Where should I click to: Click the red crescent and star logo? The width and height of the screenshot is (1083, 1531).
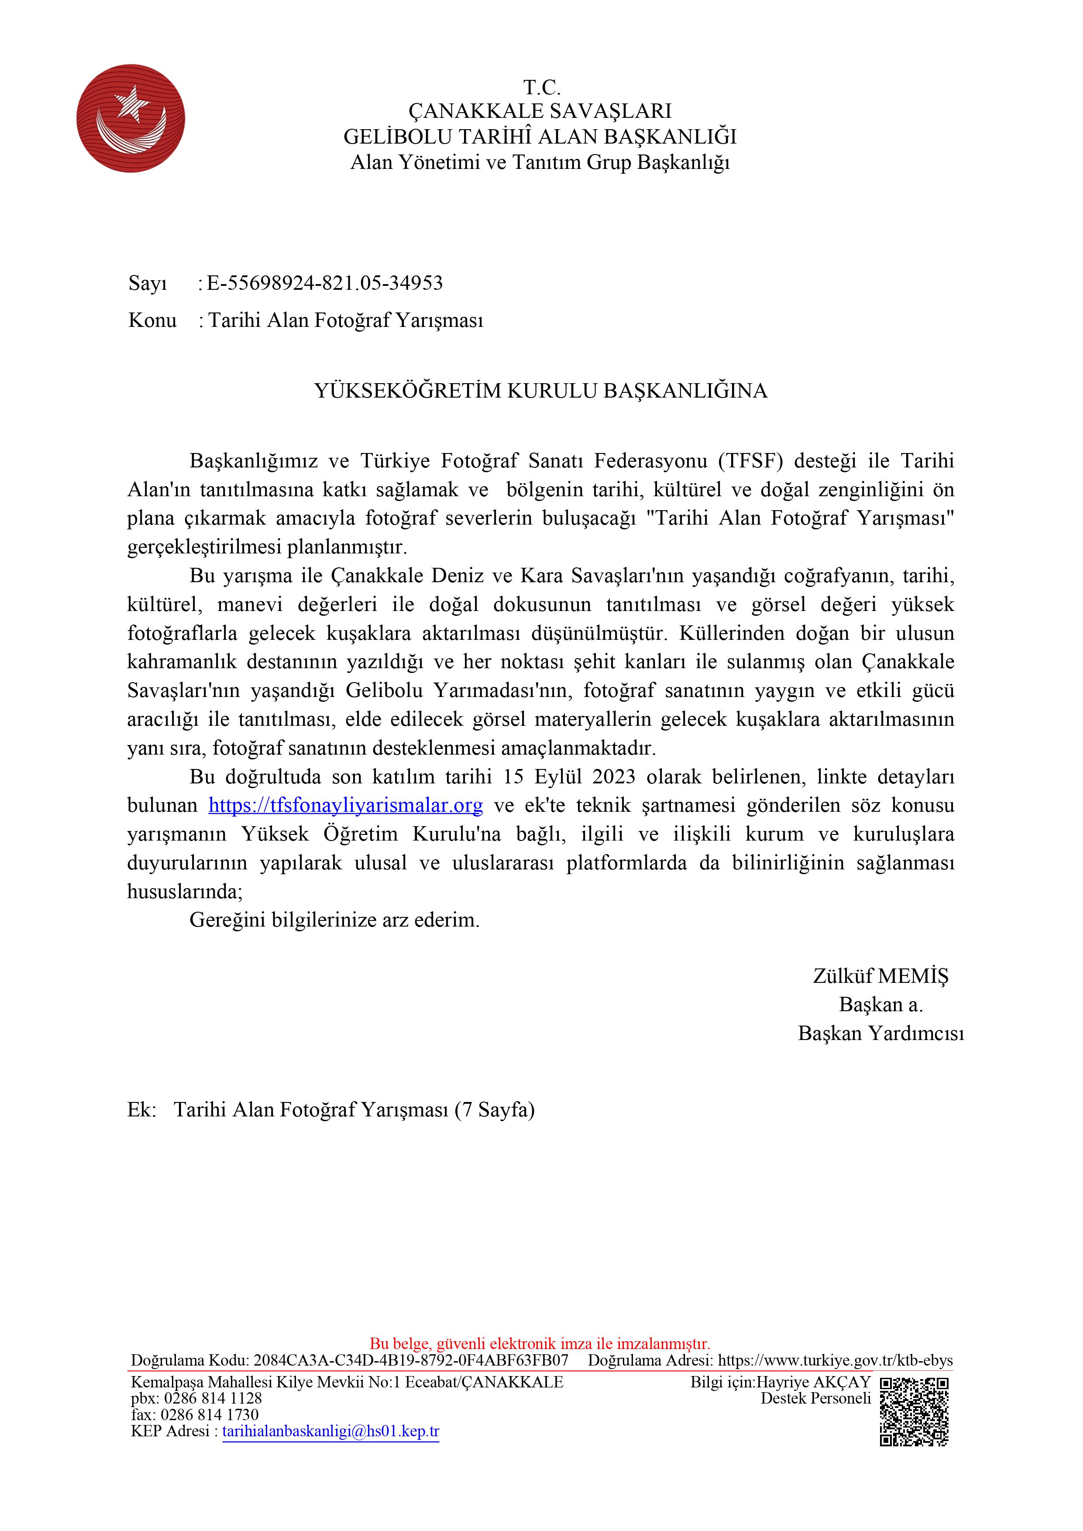(131, 118)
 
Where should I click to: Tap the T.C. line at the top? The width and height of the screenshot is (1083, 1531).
(541, 87)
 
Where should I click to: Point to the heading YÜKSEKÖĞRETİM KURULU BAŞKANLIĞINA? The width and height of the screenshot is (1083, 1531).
(541, 390)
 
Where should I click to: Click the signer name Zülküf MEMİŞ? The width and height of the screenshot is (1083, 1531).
(880, 975)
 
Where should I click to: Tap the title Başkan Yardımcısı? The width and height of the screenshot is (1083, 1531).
(880, 1033)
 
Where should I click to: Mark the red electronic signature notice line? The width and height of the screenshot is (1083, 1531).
(540, 1343)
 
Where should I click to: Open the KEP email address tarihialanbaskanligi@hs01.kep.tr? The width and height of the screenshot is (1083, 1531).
(331, 1431)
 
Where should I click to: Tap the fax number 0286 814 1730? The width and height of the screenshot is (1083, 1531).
(210, 1414)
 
